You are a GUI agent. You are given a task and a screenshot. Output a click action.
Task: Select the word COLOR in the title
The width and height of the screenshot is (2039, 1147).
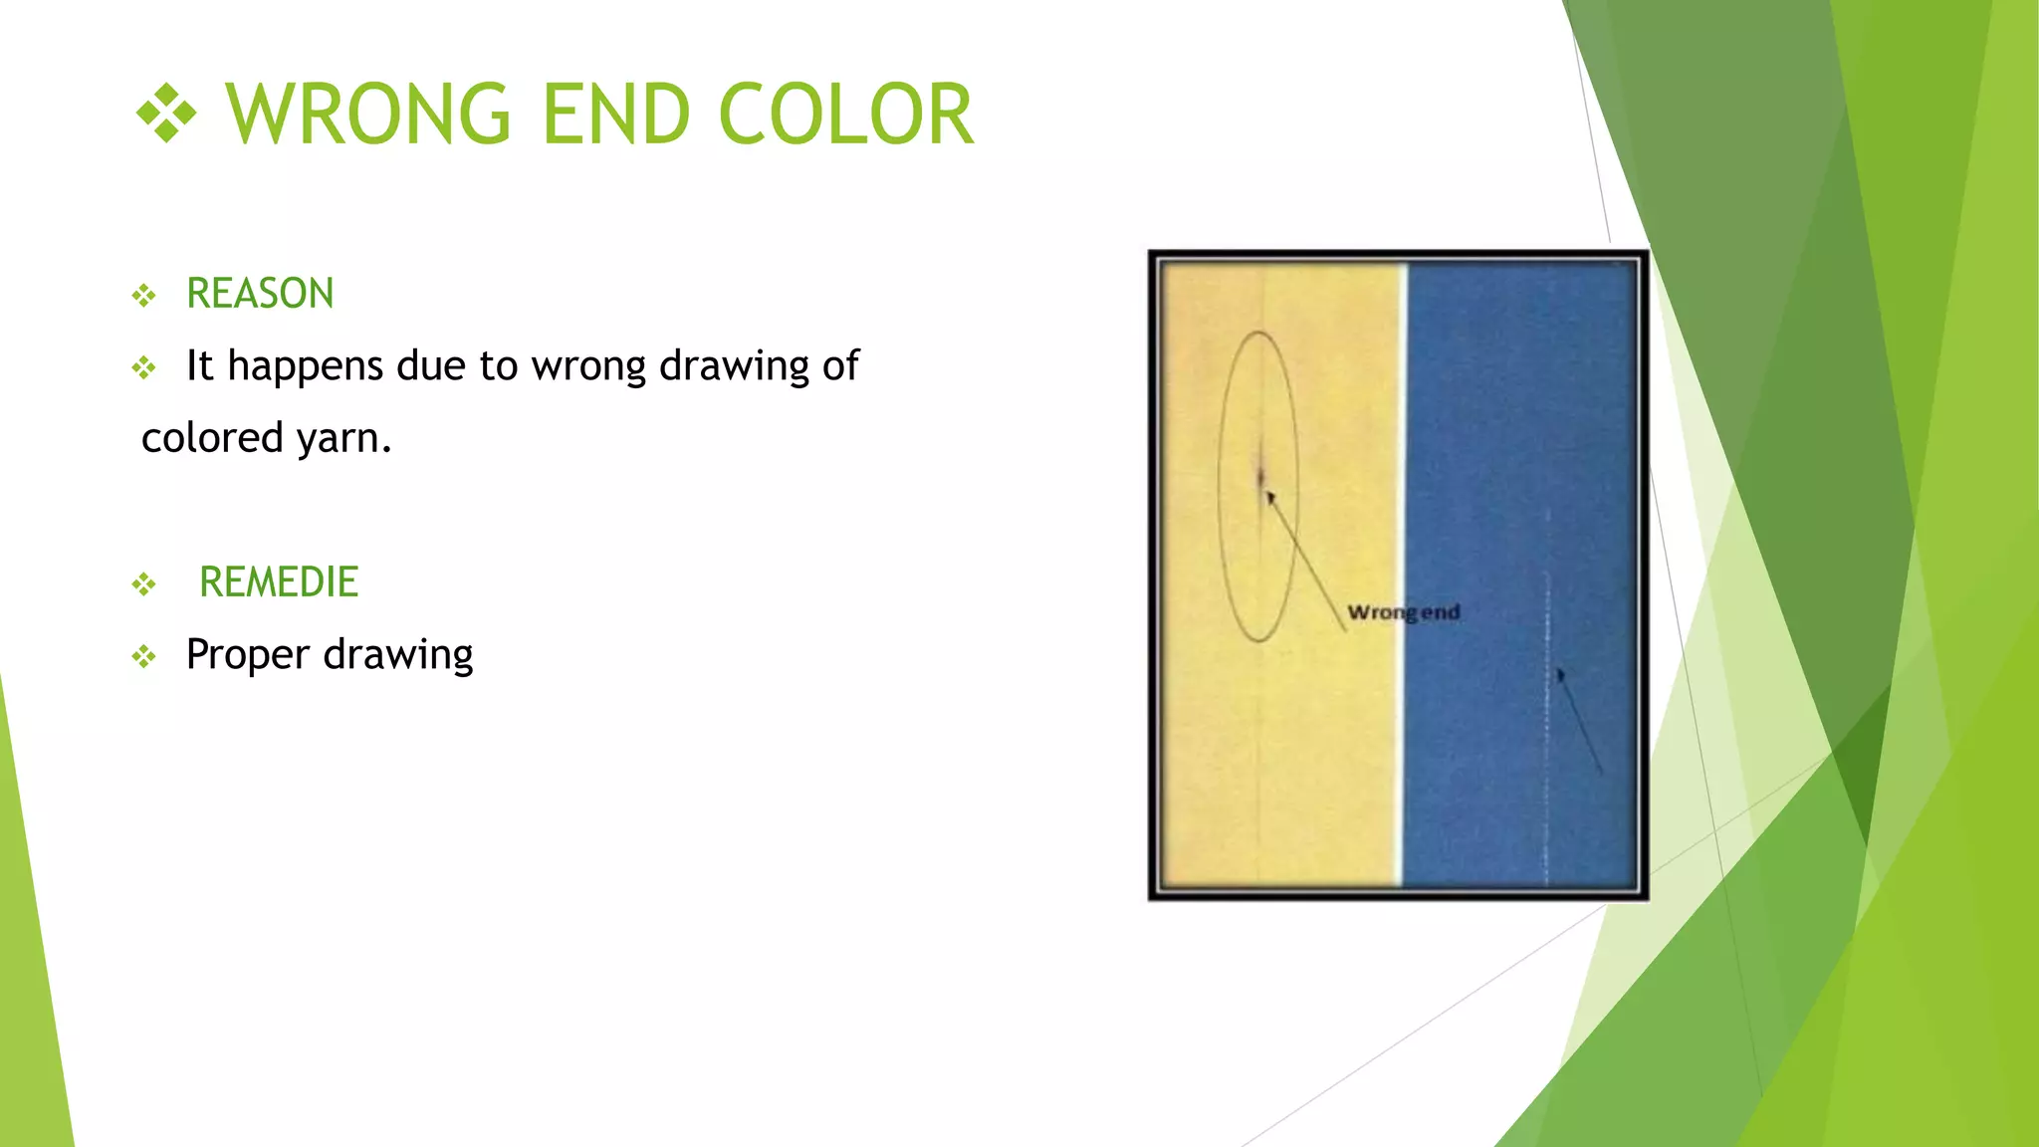click(x=845, y=115)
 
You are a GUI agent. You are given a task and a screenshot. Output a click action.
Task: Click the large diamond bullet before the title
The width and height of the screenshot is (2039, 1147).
click(x=166, y=115)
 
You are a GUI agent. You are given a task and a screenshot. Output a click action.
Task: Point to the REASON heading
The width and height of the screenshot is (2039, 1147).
click(x=260, y=294)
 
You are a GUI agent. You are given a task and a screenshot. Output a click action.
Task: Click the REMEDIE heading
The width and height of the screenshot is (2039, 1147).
click(x=279, y=582)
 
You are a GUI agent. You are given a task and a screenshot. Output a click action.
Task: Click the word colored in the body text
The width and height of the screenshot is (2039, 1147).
click(x=212, y=438)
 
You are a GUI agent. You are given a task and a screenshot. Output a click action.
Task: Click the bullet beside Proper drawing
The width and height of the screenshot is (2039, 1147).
click(x=144, y=656)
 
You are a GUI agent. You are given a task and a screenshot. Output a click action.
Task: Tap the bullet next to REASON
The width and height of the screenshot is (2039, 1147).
click(x=144, y=296)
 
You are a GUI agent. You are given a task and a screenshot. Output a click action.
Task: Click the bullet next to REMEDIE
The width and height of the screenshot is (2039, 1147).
click(x=144, y=584)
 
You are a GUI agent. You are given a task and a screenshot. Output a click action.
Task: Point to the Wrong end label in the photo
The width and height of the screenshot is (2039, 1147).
click(x=1403, y=612)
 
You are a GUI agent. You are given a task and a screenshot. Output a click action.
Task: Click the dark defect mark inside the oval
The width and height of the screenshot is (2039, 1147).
click(x=1260, y=476)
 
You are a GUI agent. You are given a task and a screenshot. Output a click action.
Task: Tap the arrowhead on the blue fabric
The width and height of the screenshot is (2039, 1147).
click(x=1561, y=676)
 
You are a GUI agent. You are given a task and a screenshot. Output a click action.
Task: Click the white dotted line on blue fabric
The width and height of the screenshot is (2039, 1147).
click(x=1547, y=777)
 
